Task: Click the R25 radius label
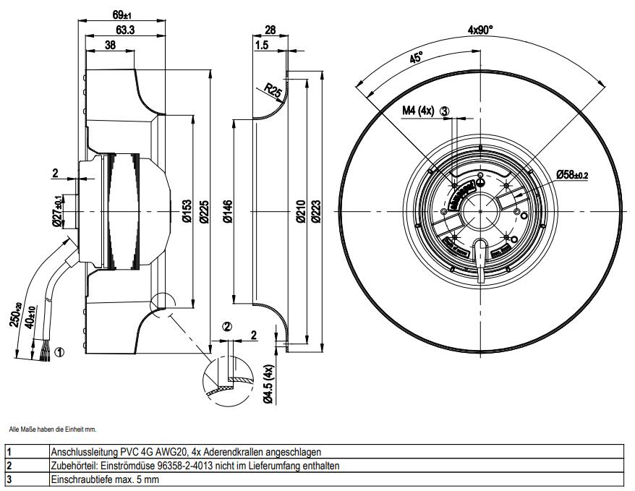[x=273, y=90]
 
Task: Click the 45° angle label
[x=416, y=58]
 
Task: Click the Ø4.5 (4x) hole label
[x=268, y=383]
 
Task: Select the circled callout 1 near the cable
[x=59, y=352]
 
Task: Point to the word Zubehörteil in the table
[x=72, y=466]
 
